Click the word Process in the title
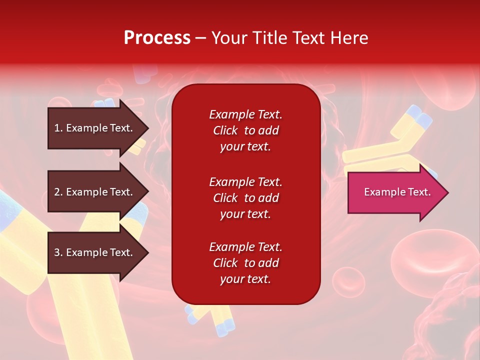click(157, 38)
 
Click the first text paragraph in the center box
click(245, 130)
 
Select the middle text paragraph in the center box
click(245, 198)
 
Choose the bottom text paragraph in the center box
click(245, 263)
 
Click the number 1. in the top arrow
click(58, 128)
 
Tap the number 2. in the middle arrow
click(58, 192)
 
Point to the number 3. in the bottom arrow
click(58, 252)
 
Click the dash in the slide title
click(200, 38)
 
